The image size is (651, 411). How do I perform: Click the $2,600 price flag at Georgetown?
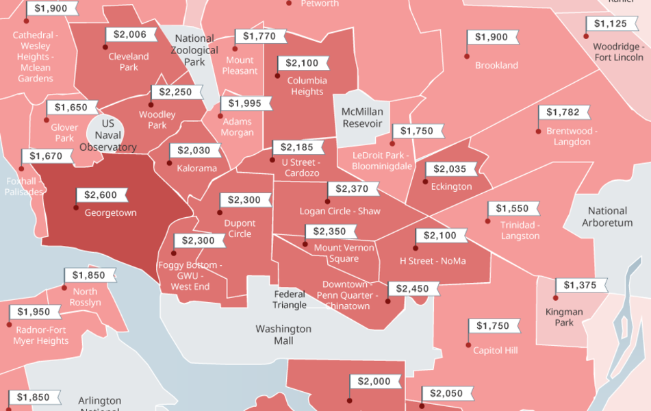101,195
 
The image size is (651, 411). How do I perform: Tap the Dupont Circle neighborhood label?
240,228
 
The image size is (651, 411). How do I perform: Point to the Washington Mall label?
283,334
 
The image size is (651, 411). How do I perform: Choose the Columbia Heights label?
306,86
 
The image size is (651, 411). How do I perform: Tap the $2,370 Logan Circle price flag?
353,188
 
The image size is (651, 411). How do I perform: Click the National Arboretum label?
607,216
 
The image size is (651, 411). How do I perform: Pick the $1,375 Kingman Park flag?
580,285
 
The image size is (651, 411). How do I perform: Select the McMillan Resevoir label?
362,117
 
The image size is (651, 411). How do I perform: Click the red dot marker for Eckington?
425,182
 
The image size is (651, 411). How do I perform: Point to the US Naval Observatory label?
107,135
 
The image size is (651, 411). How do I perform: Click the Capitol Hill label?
496,350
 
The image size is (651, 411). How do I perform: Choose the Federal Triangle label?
290,299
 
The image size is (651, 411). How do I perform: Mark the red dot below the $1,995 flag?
221,116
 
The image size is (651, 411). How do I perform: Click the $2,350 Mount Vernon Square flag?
330,232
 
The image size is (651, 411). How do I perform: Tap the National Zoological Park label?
194,50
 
